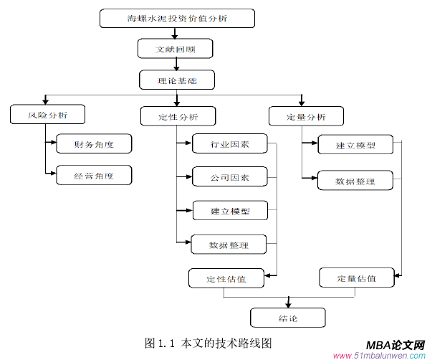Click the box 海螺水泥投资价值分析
tap(176, 17)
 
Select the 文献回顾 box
tap(176, 49)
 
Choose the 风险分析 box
tap(48, 114)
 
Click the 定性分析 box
tap(178, 116)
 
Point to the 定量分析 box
tap(306, 116)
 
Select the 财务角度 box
tap(95, 144)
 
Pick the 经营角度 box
tap(95, 175)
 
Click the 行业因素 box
tap(230, 144)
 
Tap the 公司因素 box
tap(230, 176)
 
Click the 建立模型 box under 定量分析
tap(355, 146)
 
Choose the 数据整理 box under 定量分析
tap(355, 180)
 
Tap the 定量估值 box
tap(356, 278)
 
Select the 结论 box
tap(287, 318)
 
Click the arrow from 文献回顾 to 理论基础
tap(176, 64)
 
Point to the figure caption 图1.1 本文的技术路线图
tap(208, 343)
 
